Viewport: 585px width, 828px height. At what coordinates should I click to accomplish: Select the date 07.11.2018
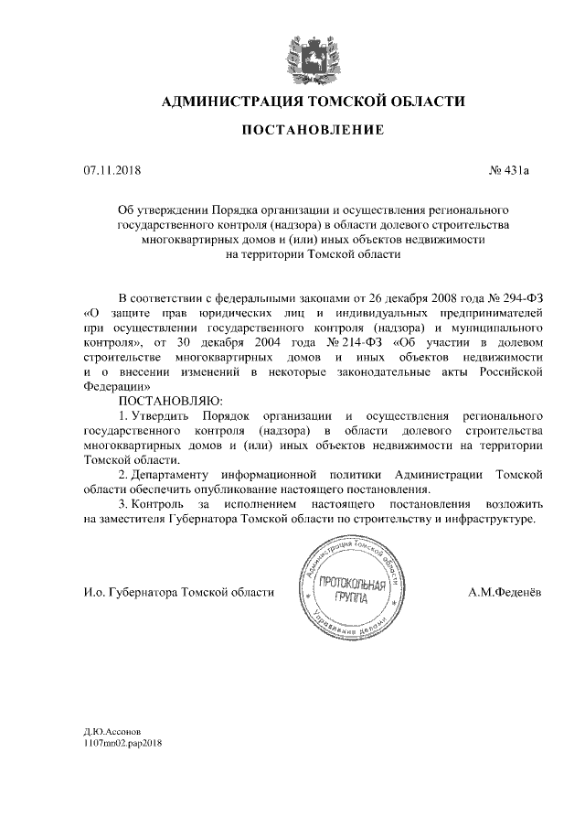tap(107, 169)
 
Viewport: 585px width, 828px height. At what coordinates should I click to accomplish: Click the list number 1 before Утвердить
tap(124, 416)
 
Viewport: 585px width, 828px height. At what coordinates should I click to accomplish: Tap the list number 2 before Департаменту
tap(124, 475)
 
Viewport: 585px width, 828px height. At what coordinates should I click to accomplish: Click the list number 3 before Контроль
tap(124, 504)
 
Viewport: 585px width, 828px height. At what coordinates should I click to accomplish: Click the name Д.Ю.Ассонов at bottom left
tap(112, 732)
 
